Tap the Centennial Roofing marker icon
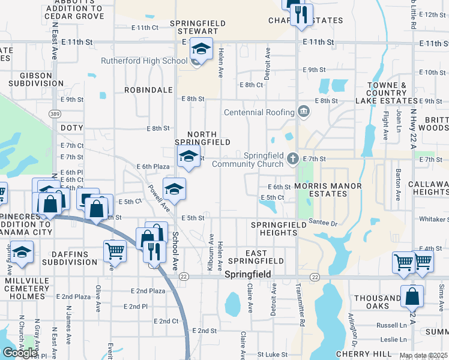pyautogui.click(x=304, y=112)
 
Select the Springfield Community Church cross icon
pyautogui.click(x=293, y=159)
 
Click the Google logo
pyautogui.click(x=20, y=353)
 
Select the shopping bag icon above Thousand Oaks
pyautogui.click(x=412, y=296)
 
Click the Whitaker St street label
pyautogui.click(x=434, y=219)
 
